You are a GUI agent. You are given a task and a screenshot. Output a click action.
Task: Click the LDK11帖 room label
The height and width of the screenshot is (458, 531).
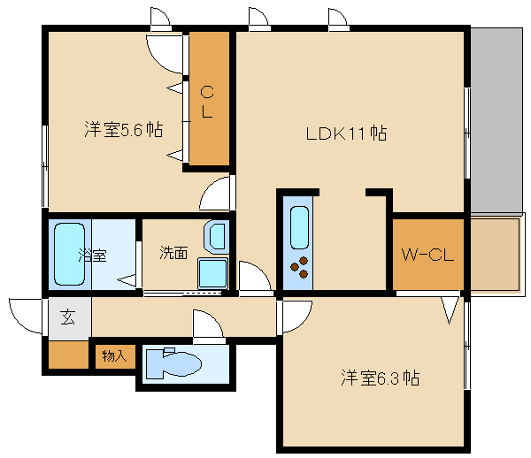tap(346, 134)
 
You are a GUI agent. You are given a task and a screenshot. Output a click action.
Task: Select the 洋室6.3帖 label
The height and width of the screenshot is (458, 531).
tap(380, 378)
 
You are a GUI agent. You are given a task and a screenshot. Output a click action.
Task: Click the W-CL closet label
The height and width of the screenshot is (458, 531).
tap(427, 256)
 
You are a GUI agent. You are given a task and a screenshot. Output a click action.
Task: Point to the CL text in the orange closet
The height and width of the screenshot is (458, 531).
tap(207, 101)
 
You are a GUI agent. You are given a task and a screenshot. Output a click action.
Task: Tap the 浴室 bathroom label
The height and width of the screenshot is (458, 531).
tap(92, 256)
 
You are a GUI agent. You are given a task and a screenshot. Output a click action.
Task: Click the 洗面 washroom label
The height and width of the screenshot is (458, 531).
tap(173, 253)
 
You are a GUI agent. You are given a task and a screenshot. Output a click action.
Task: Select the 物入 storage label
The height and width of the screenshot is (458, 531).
tap(114, 356)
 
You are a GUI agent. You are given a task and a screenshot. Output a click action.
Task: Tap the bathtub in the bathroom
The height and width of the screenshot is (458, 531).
tap(69, 255)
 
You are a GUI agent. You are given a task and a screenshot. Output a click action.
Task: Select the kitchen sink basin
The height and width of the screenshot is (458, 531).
tap(299, 229)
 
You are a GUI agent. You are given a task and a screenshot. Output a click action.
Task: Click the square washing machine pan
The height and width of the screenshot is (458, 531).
tap(212, 274)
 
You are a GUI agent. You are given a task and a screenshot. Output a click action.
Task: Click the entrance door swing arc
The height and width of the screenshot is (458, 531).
tap(25, 313)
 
